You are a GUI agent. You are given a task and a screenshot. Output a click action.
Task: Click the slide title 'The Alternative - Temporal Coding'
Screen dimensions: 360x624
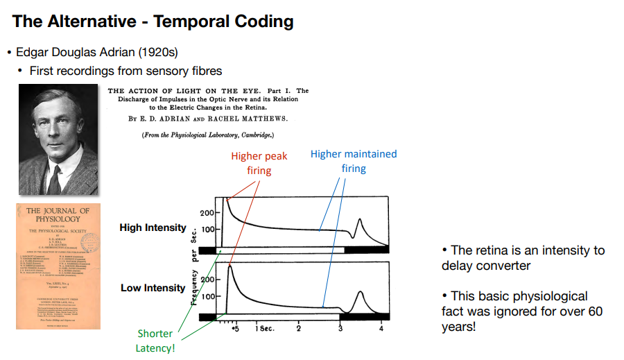pos(153,21)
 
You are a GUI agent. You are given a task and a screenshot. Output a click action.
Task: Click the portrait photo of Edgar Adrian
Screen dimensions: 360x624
pos(58,139)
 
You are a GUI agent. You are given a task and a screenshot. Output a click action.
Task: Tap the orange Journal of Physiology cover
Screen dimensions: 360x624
pos(58,266)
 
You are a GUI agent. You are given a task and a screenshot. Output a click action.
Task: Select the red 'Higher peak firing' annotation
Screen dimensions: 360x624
pos(259,164)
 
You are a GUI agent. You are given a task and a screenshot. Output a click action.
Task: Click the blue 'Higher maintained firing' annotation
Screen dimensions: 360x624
pos(354,161)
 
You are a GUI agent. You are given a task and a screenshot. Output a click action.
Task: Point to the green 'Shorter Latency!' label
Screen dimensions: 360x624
pos(155,340)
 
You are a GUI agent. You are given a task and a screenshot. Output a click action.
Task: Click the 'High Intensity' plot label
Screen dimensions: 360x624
pos(153,228)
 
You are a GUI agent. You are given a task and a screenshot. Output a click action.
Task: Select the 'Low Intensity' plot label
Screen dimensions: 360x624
pos(153,288)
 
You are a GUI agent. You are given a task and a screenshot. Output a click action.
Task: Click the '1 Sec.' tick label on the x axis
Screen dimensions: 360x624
pos(263,328)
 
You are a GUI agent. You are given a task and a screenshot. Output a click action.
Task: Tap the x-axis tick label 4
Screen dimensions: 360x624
pos(381,328)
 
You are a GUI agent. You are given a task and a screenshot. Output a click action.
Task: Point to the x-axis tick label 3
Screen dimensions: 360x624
pos(340,328)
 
